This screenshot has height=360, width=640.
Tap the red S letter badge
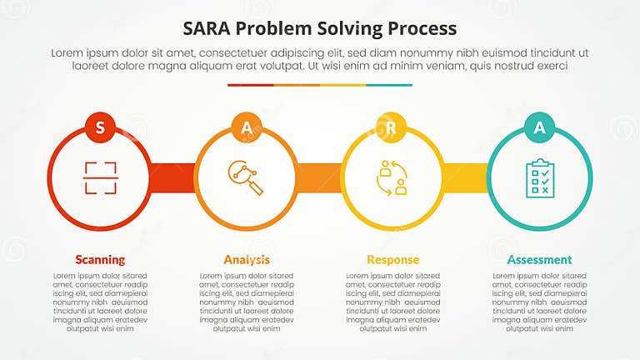pyautogui.click(x=100, y=127)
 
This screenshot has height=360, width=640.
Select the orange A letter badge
pyautogui.click(x=246, y=127)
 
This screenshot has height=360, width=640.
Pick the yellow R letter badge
pyautogui.click(x=392, y=127)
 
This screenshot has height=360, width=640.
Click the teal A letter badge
pyautogui.click(x=538, y=127)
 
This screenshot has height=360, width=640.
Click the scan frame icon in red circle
pyautogui.click(x=100, y=178)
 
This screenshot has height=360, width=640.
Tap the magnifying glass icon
pyautogui.click(x=246, y=178)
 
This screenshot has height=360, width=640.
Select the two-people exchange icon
pyautogui.click(x=392, y=178)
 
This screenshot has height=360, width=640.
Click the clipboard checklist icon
pyautogui.click(x=538, y=178)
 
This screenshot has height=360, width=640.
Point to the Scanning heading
pyautogui.click(x=100, y=259)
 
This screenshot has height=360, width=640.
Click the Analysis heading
pyautogui.click(x=246, y=259)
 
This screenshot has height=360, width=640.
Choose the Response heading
pyautogui.click(x=392, y=259)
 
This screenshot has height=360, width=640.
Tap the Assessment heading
pyautogui.click(x=539, y=259)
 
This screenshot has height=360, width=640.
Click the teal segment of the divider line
pyautogui.click(x=389, y=85)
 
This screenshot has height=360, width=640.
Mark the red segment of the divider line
pyautogui.click(x=250, y=85)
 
